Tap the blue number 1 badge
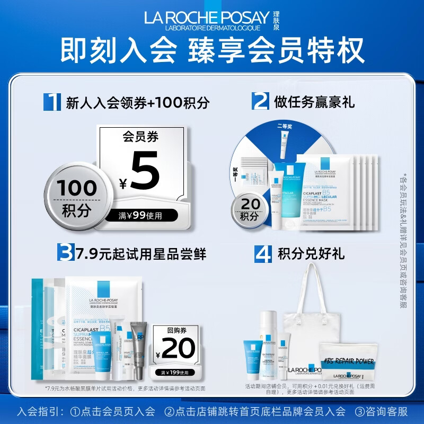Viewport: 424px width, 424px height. (52, 101)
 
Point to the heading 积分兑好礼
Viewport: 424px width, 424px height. (311, 254)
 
